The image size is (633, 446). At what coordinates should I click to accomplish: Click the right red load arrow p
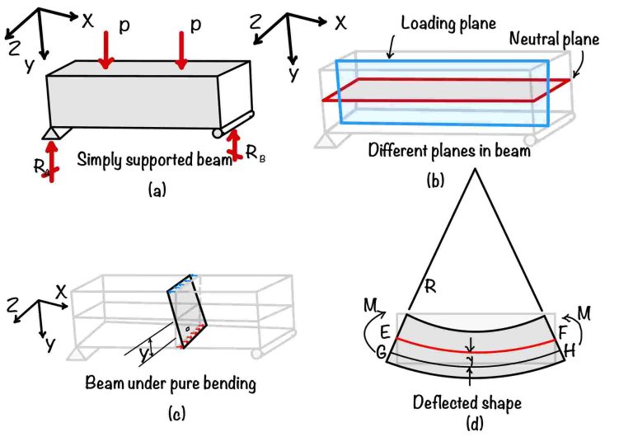point(181,49)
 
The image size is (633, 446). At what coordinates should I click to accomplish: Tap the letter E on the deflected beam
point(385,335)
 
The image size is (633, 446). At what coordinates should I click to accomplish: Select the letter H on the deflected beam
point(568,351)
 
